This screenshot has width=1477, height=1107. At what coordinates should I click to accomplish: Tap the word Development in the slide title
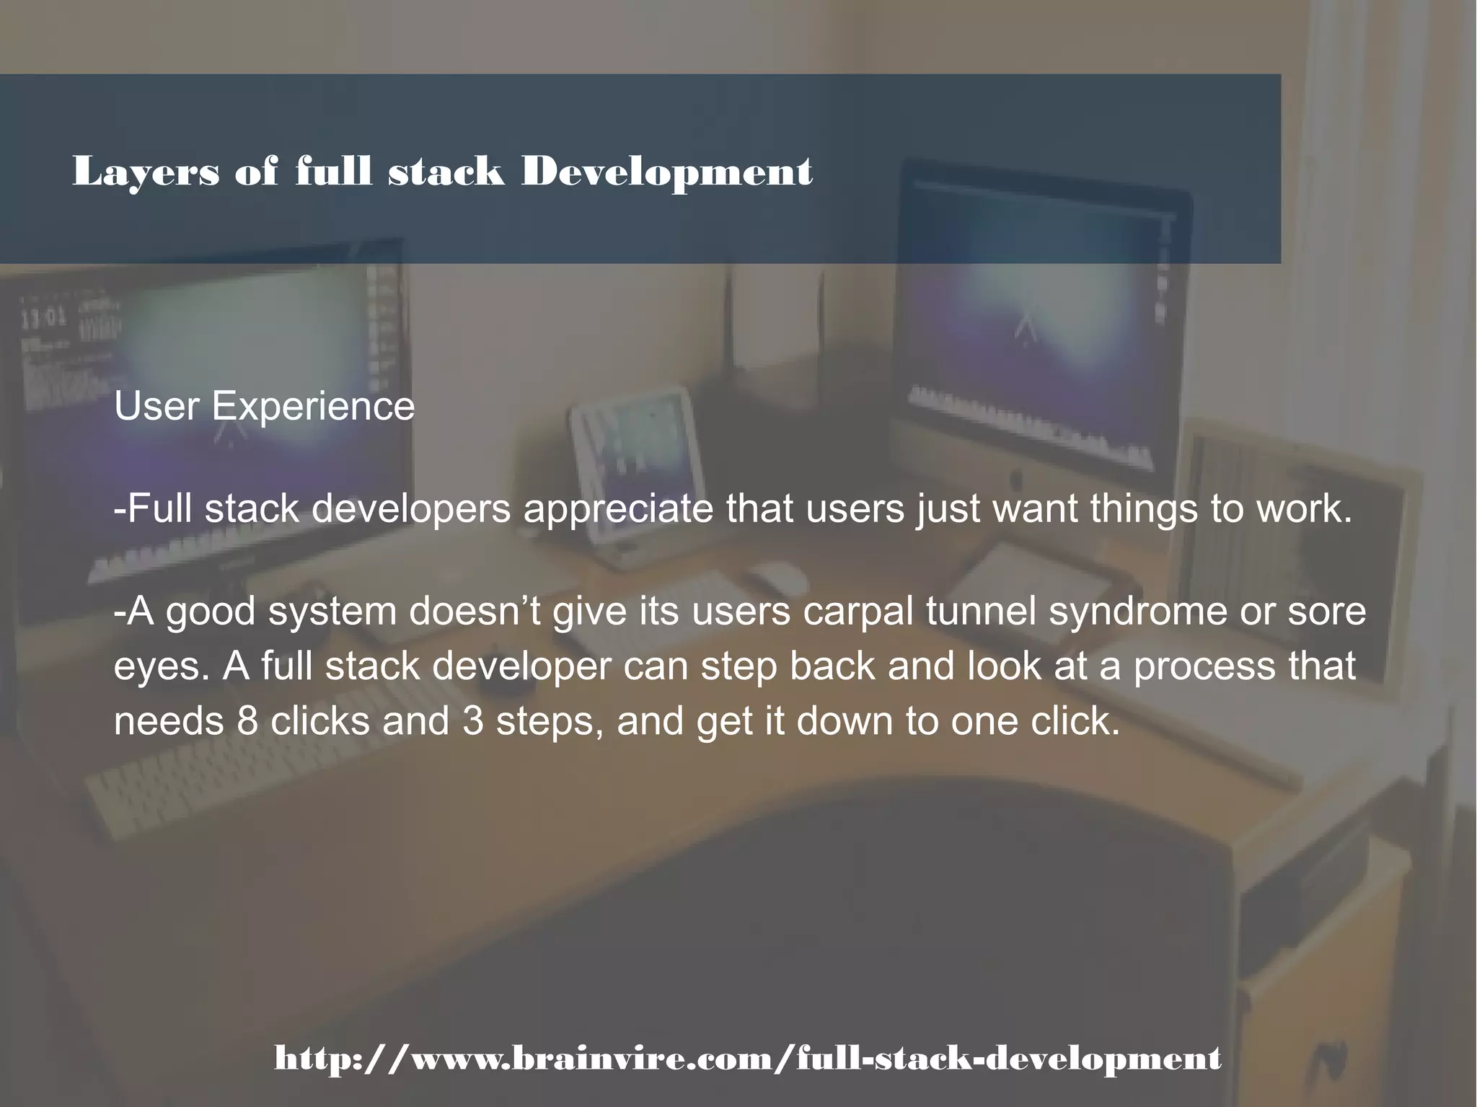pyautogui.click(x=667, y=172)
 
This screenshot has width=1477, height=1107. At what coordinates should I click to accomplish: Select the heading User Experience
pyautogui.click(x=264, y=406)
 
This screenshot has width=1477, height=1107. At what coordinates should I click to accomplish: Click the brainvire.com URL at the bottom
pyautogui.click(x=748, y=1059)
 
